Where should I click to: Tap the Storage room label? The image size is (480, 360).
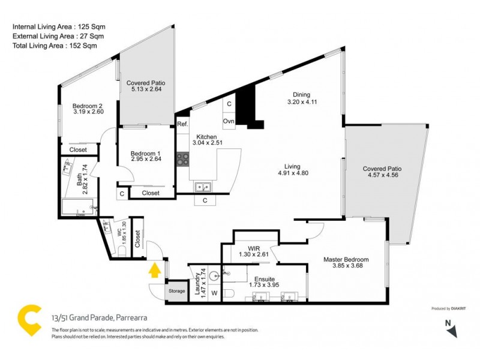pos(176,291)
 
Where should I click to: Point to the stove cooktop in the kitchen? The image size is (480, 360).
pos(183,159)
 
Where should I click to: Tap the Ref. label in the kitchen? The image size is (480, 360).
pos(182,124)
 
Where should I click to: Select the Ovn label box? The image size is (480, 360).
pos(229,121)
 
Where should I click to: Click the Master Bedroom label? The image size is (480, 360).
pos(346,259)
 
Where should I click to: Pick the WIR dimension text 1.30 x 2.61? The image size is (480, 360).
pos(253,254)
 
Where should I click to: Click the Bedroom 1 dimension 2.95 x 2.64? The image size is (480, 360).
pos(146,160)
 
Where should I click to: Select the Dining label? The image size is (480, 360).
pos(301,95)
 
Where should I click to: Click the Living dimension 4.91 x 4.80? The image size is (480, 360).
pos(293,173)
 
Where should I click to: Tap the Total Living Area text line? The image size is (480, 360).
pos(51,45)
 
